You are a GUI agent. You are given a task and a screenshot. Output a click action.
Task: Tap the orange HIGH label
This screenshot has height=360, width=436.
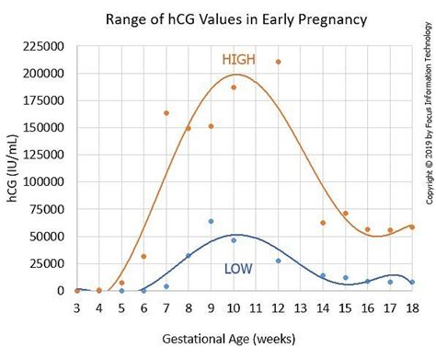(x=238, y=60)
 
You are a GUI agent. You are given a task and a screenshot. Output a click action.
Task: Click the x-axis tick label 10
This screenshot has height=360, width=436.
(x=233, y=307)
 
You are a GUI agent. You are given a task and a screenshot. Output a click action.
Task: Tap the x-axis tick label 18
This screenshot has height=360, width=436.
(x=411, y=307)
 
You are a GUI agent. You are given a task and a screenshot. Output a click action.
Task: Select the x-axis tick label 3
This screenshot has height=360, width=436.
(x=76, y=307)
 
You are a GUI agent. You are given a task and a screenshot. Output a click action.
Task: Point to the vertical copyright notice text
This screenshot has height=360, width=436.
(x=429, y=120)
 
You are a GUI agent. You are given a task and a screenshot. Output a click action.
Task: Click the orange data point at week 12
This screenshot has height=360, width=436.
(x=278, y=62)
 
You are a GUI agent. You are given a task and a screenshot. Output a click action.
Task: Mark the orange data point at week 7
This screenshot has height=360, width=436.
(x=166, y=113)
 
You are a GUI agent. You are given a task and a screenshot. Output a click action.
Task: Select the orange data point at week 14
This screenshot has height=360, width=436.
(x=323, y=223)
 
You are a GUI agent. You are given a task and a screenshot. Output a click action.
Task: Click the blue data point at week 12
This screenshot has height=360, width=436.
(x=278, y=261)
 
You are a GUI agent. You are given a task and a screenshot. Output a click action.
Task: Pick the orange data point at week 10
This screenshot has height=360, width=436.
(x=234, y=87)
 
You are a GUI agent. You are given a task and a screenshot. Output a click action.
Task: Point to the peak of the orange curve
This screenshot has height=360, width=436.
(x=236, y=75)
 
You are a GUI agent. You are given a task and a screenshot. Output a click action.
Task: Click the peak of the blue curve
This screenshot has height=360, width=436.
(x=235, y=235)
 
